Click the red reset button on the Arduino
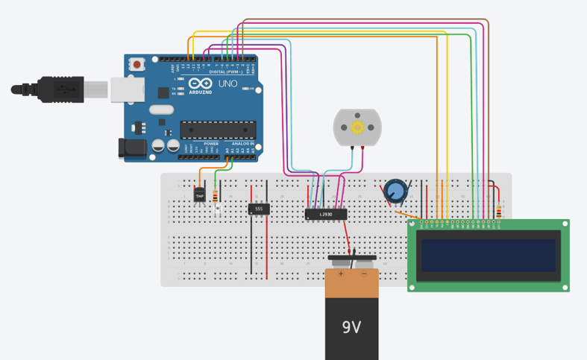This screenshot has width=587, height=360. (x=139, y=65)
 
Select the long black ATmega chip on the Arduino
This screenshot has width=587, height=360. (x=218, y=130)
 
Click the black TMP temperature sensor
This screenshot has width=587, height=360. (x=199, y=195)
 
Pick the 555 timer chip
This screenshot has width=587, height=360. (x=259, y=209)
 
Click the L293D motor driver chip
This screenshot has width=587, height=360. (x=326, y=215)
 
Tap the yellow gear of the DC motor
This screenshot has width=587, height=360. (x=357, y=127)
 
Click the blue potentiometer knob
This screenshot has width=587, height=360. (x=396, y=192)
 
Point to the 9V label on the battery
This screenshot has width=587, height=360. (x=351, y=326)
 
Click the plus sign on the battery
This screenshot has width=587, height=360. (x=341, y=274)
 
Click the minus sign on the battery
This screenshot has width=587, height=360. (x=364, y=274)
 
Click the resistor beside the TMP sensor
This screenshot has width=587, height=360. (x=216, y=197)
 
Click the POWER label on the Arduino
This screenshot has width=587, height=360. (x=201, y=144)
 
